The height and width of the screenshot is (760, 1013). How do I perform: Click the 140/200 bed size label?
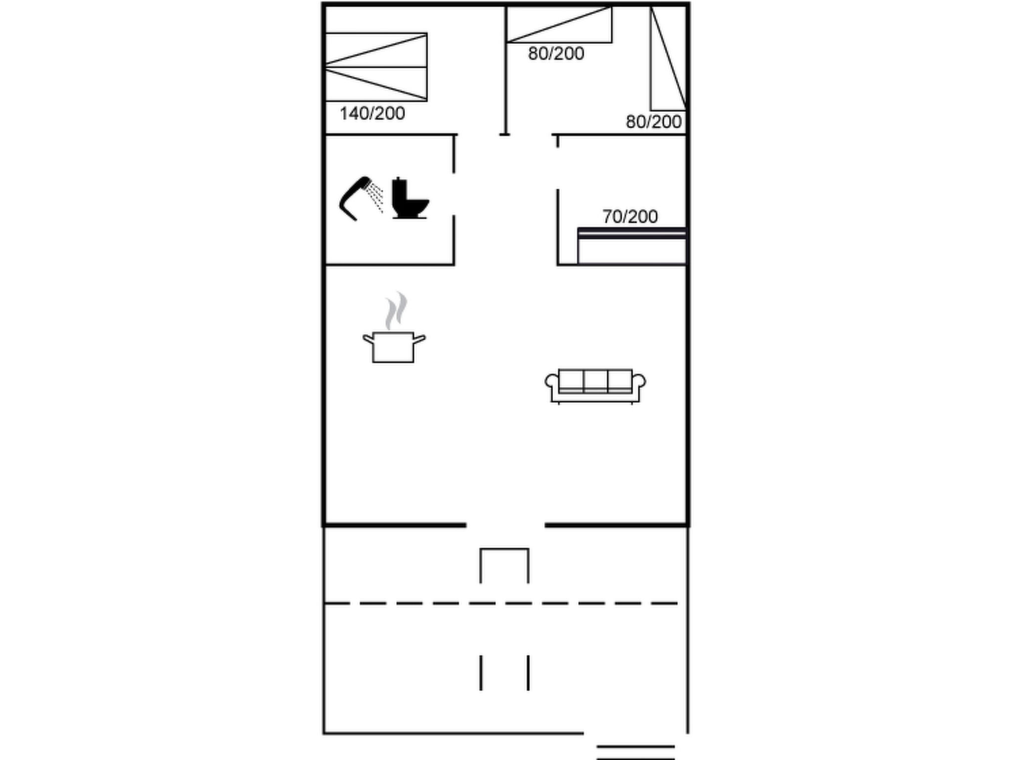pos(372,114)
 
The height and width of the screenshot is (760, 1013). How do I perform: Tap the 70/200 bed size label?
pos(630,217)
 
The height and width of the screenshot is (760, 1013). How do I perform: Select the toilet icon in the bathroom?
pos(410,198)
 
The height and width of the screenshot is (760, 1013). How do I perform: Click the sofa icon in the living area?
pos(595,386)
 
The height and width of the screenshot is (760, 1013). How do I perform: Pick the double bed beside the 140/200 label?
pos(376,67)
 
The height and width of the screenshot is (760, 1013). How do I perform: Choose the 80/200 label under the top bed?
pos(556,53)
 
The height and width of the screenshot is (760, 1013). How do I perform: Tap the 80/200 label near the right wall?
pos(653,122)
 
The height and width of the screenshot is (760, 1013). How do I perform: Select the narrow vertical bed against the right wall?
pos(668,58)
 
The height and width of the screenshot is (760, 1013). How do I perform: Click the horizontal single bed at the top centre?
pos(559,24)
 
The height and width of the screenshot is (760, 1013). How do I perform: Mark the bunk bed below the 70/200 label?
pos(632,246)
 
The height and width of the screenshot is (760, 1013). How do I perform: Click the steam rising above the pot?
pos(396,311)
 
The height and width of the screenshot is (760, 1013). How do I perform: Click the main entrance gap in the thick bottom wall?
pos(506,524)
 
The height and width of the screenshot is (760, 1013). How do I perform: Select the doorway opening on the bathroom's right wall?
pos(454,194)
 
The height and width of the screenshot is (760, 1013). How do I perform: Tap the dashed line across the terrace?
pos(501,603)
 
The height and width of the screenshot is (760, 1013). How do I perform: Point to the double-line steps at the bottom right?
pos(636,752)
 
